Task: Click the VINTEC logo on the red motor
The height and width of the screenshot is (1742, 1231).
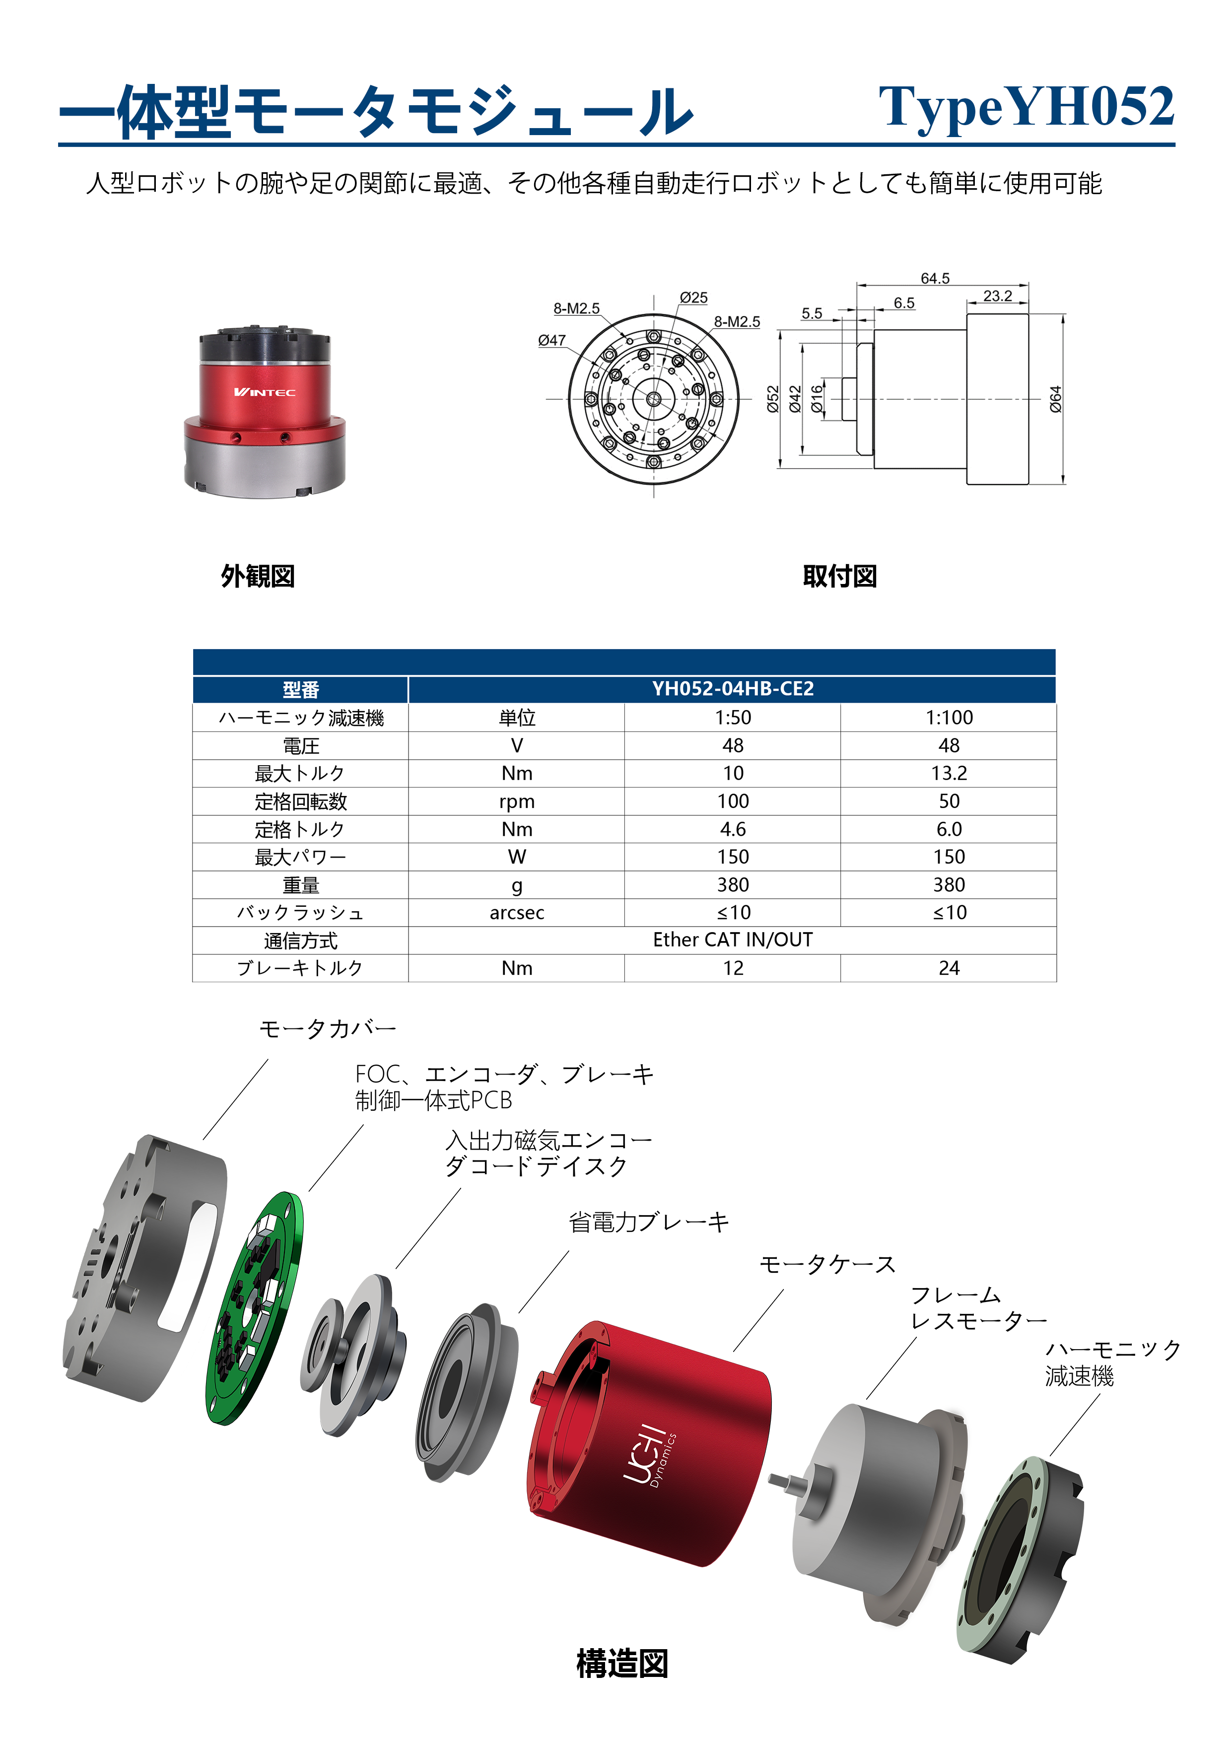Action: tap(265, 392)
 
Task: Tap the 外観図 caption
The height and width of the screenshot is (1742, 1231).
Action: tap(258, 576)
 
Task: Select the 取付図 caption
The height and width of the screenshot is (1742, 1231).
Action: tap(840, 576)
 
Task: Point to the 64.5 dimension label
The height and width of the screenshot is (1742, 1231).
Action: tap(935, 279)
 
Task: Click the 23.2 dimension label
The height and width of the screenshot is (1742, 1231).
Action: tap(997, 296)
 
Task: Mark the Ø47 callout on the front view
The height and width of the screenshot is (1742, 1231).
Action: tap(551, 341)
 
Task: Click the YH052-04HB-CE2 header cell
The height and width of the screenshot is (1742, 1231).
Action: tap(733, 689)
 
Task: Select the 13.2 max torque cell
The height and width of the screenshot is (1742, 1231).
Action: tap(949, 773)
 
